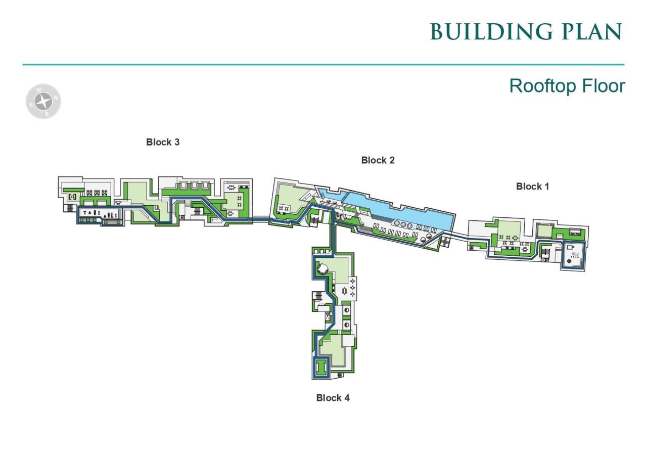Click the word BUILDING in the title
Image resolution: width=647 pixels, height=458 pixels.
(x=491, y=31)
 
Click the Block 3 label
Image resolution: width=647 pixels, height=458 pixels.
(x=163, y=142)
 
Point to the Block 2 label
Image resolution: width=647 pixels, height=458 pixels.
(x=378, y=160)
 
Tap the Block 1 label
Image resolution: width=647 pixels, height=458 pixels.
(x=532, y=187)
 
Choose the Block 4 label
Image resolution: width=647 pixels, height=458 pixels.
(x=333, y=398)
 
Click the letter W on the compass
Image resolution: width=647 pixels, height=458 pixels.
(x=39, y=90)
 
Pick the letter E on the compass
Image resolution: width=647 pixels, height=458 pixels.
(x=47, y=114)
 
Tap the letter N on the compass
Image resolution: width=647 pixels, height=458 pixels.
(x=56, y=98)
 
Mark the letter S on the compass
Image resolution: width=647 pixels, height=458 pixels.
(x=31, y=105)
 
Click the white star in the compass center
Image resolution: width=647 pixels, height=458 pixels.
(x=43, y=102)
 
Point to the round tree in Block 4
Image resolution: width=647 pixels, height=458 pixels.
(x=322, y=269)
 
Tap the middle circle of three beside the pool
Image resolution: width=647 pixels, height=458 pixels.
(x=403, y=224)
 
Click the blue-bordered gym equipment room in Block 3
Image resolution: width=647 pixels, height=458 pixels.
(x=100, y=215)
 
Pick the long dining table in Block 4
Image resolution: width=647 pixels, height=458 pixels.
(x=344, y=291)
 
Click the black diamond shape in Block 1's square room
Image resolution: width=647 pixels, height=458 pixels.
(x=569, y=261)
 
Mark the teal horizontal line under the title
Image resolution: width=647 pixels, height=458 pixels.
(x=323, y=65)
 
